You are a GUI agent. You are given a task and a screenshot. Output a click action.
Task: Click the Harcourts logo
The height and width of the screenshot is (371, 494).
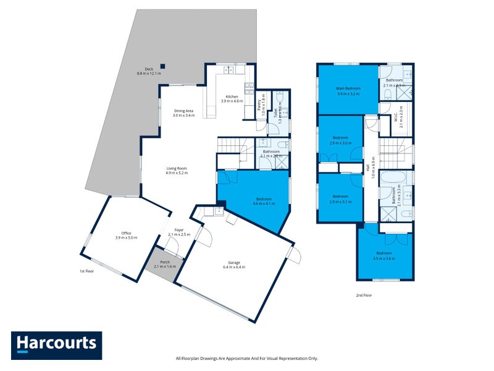pos(56,345)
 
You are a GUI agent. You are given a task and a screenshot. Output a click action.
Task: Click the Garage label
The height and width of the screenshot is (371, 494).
pos(233,264)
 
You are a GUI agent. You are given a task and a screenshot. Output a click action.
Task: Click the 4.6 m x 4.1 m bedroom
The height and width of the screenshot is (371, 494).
pos(263,202)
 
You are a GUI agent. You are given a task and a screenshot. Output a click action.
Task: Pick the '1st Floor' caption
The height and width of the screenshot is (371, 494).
pos(86,271)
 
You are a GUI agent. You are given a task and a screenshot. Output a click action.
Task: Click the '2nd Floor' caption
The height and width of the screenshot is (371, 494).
pos(364,295)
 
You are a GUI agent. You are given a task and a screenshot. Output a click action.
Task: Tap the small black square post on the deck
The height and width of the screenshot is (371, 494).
pos(163,66)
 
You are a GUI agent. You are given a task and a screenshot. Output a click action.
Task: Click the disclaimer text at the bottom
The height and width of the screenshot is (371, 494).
pos(247,358)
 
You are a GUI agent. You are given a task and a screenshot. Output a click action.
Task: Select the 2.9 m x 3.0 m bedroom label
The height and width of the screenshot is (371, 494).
pos(340,140)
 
